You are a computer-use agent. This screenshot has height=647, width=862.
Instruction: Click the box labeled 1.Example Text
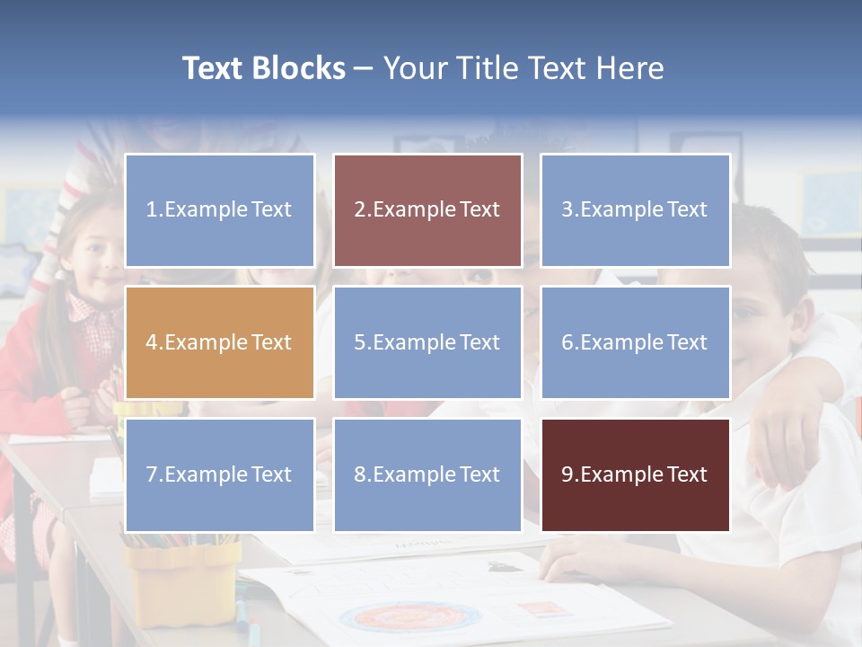point(219,210)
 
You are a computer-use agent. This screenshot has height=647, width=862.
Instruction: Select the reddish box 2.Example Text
point(427,210)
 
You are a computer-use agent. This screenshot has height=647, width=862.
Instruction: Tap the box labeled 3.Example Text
point(635,210)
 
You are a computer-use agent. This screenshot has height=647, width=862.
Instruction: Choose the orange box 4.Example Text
point(219,342)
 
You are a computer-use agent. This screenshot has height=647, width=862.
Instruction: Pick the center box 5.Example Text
point(427,342)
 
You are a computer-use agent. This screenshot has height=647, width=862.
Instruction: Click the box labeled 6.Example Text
point(635,342)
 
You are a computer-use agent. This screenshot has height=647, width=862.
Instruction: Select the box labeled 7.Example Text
point(219,474)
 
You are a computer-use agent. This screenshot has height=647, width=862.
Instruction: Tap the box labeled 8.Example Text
point(427,474)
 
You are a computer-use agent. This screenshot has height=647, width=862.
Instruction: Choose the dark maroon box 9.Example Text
point(635,474)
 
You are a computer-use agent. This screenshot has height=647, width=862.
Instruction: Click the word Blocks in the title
point(299,68)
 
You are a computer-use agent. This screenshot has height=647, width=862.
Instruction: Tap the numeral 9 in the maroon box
point(567,474)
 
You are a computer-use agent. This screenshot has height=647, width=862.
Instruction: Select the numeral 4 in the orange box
point(151,342)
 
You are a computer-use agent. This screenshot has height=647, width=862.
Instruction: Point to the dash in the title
point(364,69)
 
